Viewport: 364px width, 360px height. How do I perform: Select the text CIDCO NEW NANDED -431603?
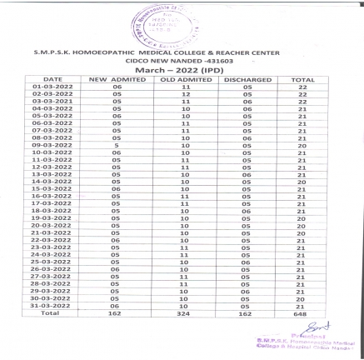[182, 60]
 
